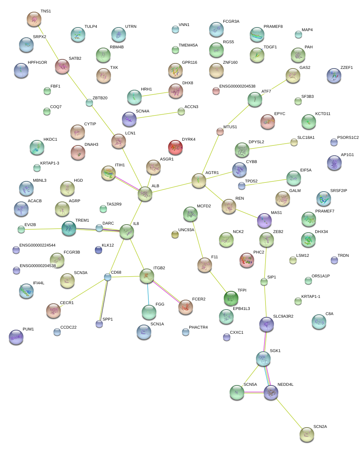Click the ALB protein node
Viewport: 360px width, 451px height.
(145, 194)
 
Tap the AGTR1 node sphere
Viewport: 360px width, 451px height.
(199, 181)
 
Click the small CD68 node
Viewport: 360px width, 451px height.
(107, 277)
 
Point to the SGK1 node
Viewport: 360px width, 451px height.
(263, 359)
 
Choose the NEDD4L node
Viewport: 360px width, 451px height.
(271, 392)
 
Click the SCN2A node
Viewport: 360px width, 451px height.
(307, 434)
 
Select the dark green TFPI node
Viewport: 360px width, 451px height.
(231, 298)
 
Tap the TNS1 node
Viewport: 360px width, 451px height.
(34, 19)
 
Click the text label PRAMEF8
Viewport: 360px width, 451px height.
(273, 27)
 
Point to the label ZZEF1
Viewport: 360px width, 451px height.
(346, 67)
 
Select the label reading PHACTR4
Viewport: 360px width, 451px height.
(198, 327)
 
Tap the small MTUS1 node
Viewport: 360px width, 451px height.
(220, 132)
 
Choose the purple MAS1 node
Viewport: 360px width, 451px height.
(264, 220)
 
